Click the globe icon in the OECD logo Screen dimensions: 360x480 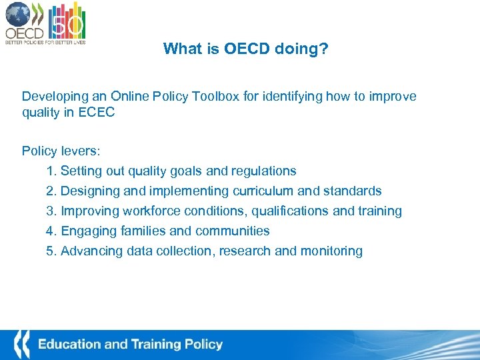tap(17, 14)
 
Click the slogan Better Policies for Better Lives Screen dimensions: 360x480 tap(45, 42)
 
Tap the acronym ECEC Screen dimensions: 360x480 tap(96, 113)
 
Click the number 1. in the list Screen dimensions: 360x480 tap(52, 171)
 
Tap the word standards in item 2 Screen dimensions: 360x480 tap(353, 191)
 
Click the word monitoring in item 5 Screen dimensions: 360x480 tap(331, 251)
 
